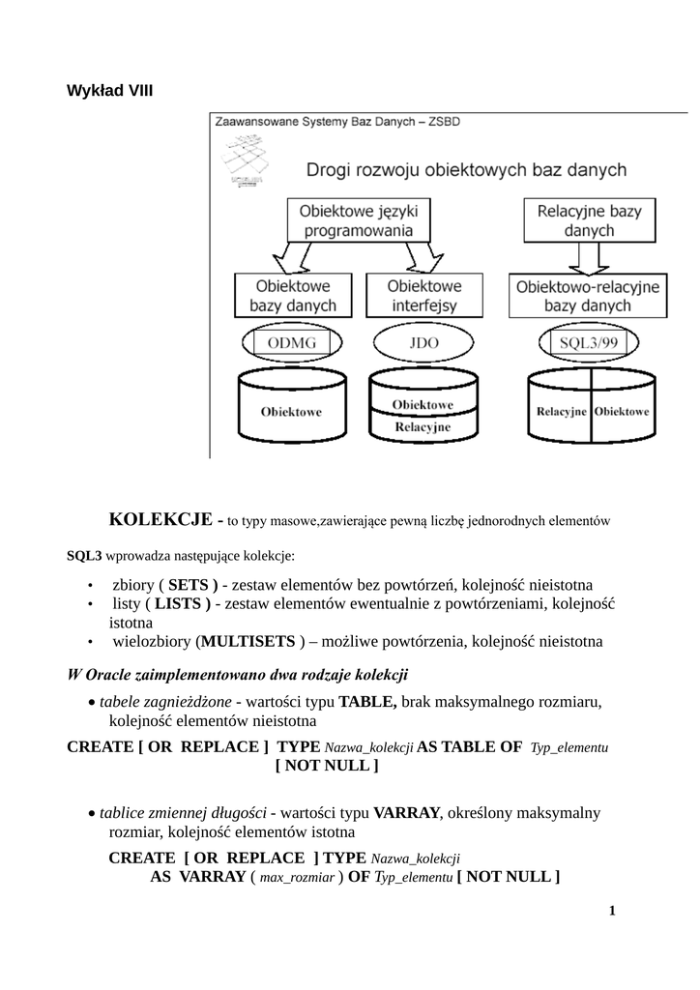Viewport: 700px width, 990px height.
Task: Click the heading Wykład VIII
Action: pos(109,91)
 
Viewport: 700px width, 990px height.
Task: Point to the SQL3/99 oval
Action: pos(585,343)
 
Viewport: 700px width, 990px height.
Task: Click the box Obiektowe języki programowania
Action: pos(352,219)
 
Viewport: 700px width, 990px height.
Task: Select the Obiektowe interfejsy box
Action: pos(424,296)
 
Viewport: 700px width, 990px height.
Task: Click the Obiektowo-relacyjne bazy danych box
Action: pos(588,296)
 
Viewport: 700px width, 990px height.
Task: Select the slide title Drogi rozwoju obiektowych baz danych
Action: pos(466,170)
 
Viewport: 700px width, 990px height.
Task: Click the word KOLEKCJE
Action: pos(161,519)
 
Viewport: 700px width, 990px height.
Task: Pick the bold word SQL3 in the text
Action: pos(83,556)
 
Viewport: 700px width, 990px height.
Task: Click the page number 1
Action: pos(612,911)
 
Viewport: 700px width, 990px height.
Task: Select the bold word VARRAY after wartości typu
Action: pos(406,812)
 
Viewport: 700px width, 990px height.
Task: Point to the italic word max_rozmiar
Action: pos(298,878)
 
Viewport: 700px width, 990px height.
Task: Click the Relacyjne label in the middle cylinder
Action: pos(422,425)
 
